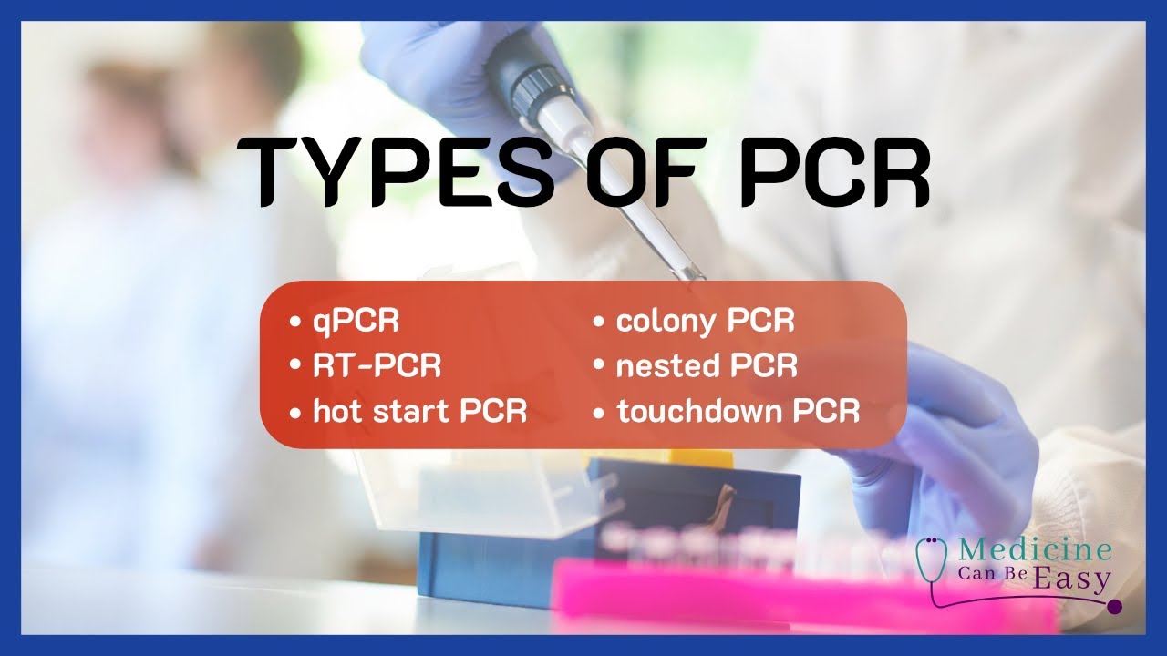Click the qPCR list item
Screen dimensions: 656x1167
(x=356, y=322)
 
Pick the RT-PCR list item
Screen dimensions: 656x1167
(x=377, y=366)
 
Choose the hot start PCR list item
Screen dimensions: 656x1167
(x=419, y=411)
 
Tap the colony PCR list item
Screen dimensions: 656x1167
(x=705, y=322)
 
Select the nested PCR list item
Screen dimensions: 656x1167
(x=707, y=366)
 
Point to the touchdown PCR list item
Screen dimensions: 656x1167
(x=738, y=411)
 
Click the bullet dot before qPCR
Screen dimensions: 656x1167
(x=294, y=323)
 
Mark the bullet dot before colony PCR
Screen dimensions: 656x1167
(x=599, y=323)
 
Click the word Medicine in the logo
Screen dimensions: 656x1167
(x=1033, y=551)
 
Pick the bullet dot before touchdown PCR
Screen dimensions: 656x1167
(x=599, y=412)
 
